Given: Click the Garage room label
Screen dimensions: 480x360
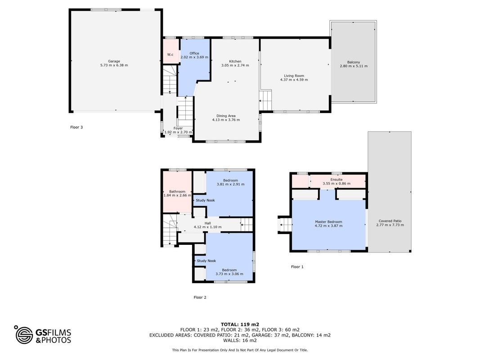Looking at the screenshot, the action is click(x=114, y=61).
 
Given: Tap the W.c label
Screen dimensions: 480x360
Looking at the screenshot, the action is click(x=170, y=55).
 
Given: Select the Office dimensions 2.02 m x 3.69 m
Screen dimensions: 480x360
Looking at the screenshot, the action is click(x=194, y=57).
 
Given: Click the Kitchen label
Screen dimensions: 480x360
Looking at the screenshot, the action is click(x=235, y=61).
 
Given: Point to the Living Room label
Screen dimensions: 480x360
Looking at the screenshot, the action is click(x=294, y=76).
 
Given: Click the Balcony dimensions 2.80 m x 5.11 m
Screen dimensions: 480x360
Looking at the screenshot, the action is click(x=354, y=66).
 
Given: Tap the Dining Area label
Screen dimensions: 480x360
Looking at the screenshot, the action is click(x=226, y=116).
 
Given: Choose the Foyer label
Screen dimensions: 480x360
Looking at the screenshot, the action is click(x=178, y=128).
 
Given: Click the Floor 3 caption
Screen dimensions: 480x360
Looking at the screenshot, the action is click(x=76, y=127).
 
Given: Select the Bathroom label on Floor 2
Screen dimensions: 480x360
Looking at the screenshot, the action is click(x=177, y=192).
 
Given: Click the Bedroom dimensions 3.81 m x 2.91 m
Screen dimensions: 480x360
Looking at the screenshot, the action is click(x=230, y=184).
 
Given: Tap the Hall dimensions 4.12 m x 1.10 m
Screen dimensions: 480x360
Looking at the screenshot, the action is click(x=207, y=227).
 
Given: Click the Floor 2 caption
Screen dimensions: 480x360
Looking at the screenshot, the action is click(x=200, y=297).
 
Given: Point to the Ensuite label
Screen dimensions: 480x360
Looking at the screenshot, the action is click(x=336, y=180).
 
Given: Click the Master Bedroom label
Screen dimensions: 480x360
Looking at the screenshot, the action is click(x=328, y=222).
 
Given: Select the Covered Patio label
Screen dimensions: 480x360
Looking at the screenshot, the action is click(x=390, y=221).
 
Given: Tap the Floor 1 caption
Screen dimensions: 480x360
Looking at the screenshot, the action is click(x=297, y=267).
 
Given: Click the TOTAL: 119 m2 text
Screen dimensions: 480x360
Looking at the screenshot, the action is click(x=240, y=324).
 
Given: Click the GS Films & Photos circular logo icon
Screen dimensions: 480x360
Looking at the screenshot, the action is click(x=24, y=335).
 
